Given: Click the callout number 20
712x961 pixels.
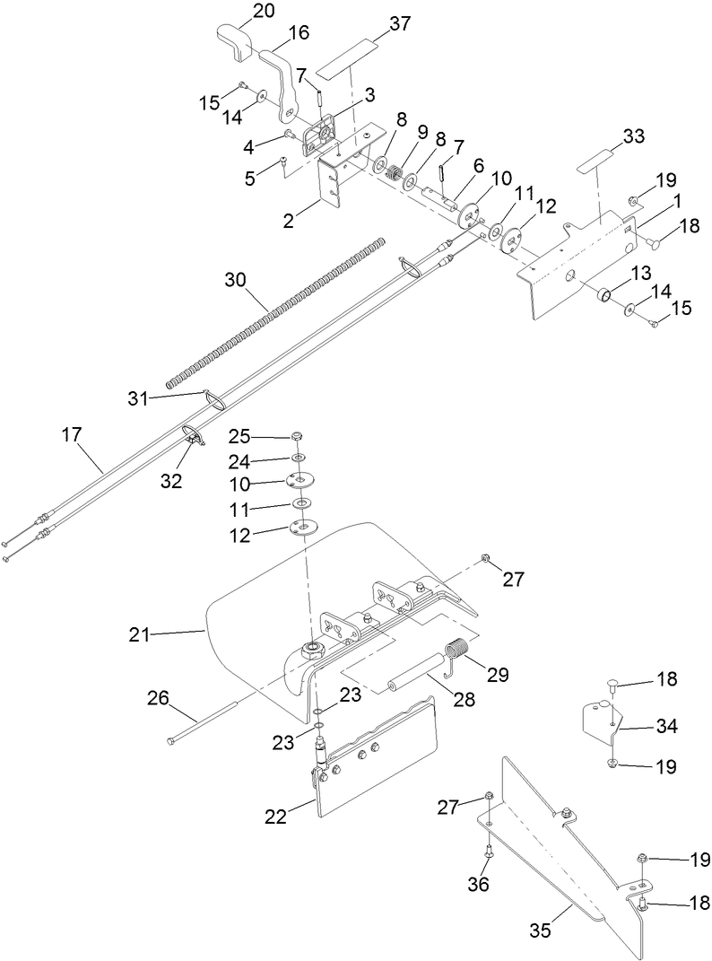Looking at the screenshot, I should pos(239,11).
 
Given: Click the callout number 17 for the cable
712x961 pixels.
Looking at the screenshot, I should pos(72,435).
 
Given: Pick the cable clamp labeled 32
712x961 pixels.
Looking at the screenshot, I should pos(193,435).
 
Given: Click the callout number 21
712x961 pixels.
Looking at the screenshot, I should pos(139,634).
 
